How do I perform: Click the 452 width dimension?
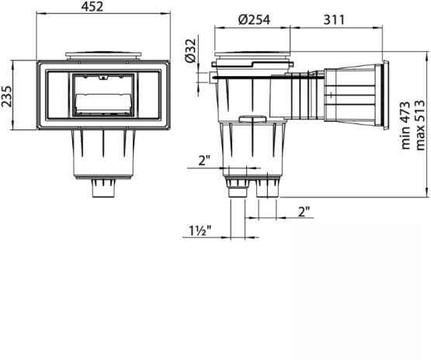[x=92, y=6]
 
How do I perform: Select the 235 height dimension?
[x=6, y=96]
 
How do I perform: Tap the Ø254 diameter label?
[x=254, y=19]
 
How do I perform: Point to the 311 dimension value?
[x=334, y=19]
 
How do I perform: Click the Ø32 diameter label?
[x=191, y=50]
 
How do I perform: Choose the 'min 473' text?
[x=405, y=126]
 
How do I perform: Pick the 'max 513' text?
[x=419, y=126]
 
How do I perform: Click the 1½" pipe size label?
[x=200, y=230]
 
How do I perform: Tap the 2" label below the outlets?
[x=304, y=212]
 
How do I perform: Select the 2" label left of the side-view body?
[x=204, y=160]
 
